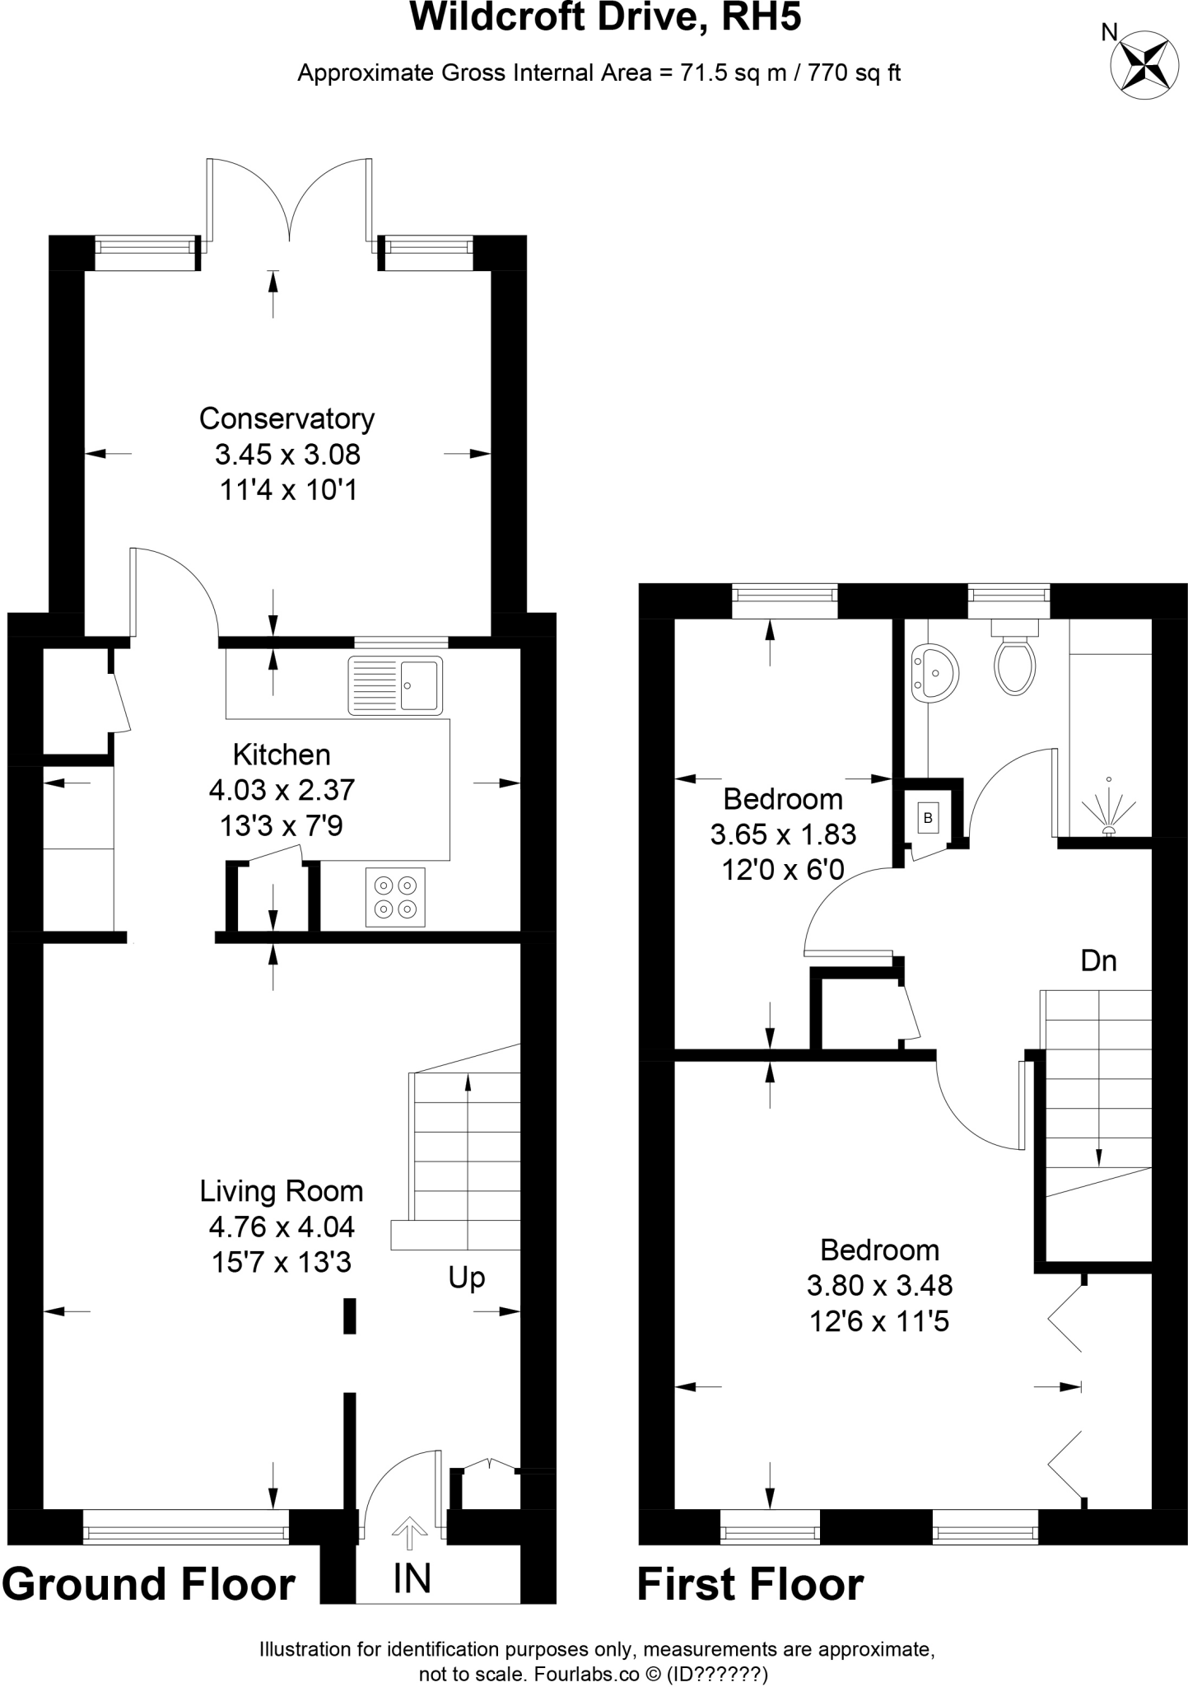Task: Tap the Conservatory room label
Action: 287,418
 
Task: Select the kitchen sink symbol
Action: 395,685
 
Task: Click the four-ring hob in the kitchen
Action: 395,897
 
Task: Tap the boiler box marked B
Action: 928,818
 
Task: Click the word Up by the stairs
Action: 466,1278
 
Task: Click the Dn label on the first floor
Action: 1098,960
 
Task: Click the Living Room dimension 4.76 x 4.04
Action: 282,1227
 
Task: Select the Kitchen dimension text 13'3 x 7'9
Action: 282,825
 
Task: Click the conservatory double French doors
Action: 289,202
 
